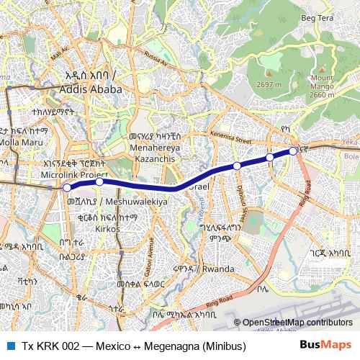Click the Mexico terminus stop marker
(x=67, y=187)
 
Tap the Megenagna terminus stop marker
(x=293, y=150)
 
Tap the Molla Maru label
(x=22, y=143)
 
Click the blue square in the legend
(x=11, y=346)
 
